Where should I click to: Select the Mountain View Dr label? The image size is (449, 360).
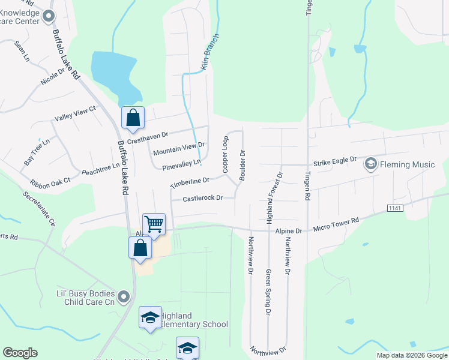tap(179, 149)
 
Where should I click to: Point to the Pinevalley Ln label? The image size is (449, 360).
tap(177, 163)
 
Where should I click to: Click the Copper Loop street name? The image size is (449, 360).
tap(226, 154)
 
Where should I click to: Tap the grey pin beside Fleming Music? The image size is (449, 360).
tap(370, 164)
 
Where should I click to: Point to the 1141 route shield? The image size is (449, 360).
tap(394, 208)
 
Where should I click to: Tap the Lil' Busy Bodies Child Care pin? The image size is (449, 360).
tap(124, 296)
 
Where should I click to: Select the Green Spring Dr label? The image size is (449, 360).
tap(268, 292)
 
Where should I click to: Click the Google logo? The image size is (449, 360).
tap(20, 353)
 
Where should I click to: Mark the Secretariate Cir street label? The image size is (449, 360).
tap(39, 208)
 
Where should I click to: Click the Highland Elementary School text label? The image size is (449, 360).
tap(194, 320)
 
